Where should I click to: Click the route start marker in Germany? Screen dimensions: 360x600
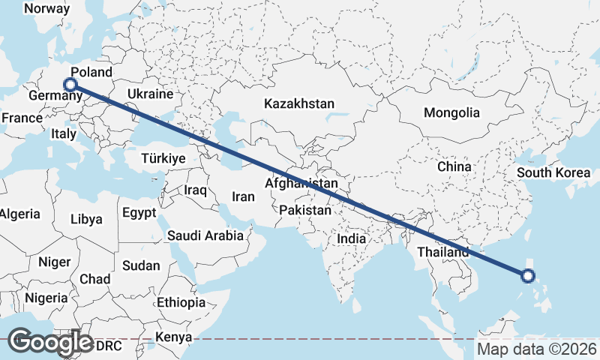70,85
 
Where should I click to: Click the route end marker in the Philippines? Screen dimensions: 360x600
527,276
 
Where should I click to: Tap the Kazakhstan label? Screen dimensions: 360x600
298,104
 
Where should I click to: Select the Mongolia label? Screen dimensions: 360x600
451,112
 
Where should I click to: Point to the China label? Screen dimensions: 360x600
454,166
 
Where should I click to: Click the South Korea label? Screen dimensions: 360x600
553,172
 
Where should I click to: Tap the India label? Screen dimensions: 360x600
351,238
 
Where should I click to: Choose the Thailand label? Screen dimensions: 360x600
443,252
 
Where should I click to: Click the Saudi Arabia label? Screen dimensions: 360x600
205,235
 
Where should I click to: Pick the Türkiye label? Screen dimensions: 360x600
163,158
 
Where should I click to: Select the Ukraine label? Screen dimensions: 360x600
150,94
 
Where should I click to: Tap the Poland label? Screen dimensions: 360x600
96,73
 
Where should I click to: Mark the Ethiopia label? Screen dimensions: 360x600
181,302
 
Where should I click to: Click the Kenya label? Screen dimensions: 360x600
174,337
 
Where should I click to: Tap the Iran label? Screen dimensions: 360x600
244,196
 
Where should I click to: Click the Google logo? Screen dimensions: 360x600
50,342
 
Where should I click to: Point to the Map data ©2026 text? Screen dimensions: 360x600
536,349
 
